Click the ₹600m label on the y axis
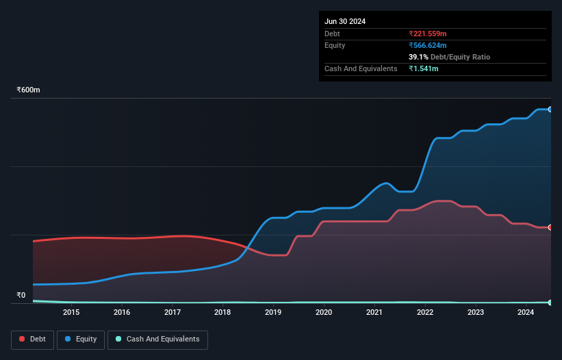[29, 90]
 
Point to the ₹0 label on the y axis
[21, 296]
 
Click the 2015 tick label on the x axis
[71, 313]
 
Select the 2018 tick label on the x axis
[222, 313]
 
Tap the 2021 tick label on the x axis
[374, 313]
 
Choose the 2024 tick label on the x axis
[525, 313]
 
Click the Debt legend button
[31, 339]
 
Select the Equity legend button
[81, 339]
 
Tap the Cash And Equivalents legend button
[157, 339]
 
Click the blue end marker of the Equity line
[550, 110]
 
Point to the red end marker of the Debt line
[550, 227]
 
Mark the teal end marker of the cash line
[550, 302]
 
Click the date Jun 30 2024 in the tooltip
[345, 21]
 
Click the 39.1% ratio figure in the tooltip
[418, 57]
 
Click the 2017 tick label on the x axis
[172, 313]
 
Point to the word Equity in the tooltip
[335, 45]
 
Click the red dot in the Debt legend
[23, 339]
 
